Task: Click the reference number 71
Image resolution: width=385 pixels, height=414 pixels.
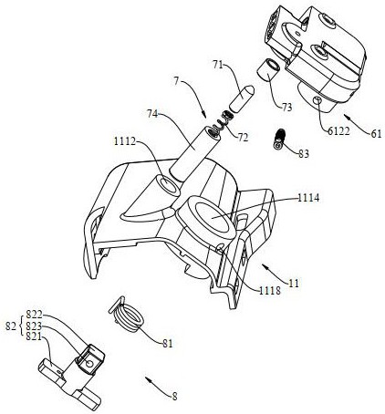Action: (217, 65)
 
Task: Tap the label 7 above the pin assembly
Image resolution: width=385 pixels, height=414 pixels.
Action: (176, 81)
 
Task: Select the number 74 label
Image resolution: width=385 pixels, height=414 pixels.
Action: (152, 114)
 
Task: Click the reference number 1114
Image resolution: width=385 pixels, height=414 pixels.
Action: (308, 198)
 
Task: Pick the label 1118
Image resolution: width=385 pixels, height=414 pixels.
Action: (270, 291)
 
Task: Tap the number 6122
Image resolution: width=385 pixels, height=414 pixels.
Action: (338, 130)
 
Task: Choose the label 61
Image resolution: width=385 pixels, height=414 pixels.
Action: (376, 134)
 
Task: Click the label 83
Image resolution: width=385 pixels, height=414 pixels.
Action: (303, 153)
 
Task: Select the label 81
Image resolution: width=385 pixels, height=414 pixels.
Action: (167, 344)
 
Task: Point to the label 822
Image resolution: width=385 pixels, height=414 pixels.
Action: (34, 314)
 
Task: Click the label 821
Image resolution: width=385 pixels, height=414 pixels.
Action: (34, 336)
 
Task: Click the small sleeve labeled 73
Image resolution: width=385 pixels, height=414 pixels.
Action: (267, 69)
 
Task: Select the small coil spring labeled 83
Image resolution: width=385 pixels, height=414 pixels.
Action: (279, 140)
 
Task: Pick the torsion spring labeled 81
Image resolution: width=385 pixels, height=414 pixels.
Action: (126, 315)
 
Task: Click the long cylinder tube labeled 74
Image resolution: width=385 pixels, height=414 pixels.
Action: (195, 154)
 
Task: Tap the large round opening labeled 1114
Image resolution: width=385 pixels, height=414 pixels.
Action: (213, 217)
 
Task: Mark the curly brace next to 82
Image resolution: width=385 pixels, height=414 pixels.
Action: (20, 326)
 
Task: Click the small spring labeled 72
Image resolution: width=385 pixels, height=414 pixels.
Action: (224, 122)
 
